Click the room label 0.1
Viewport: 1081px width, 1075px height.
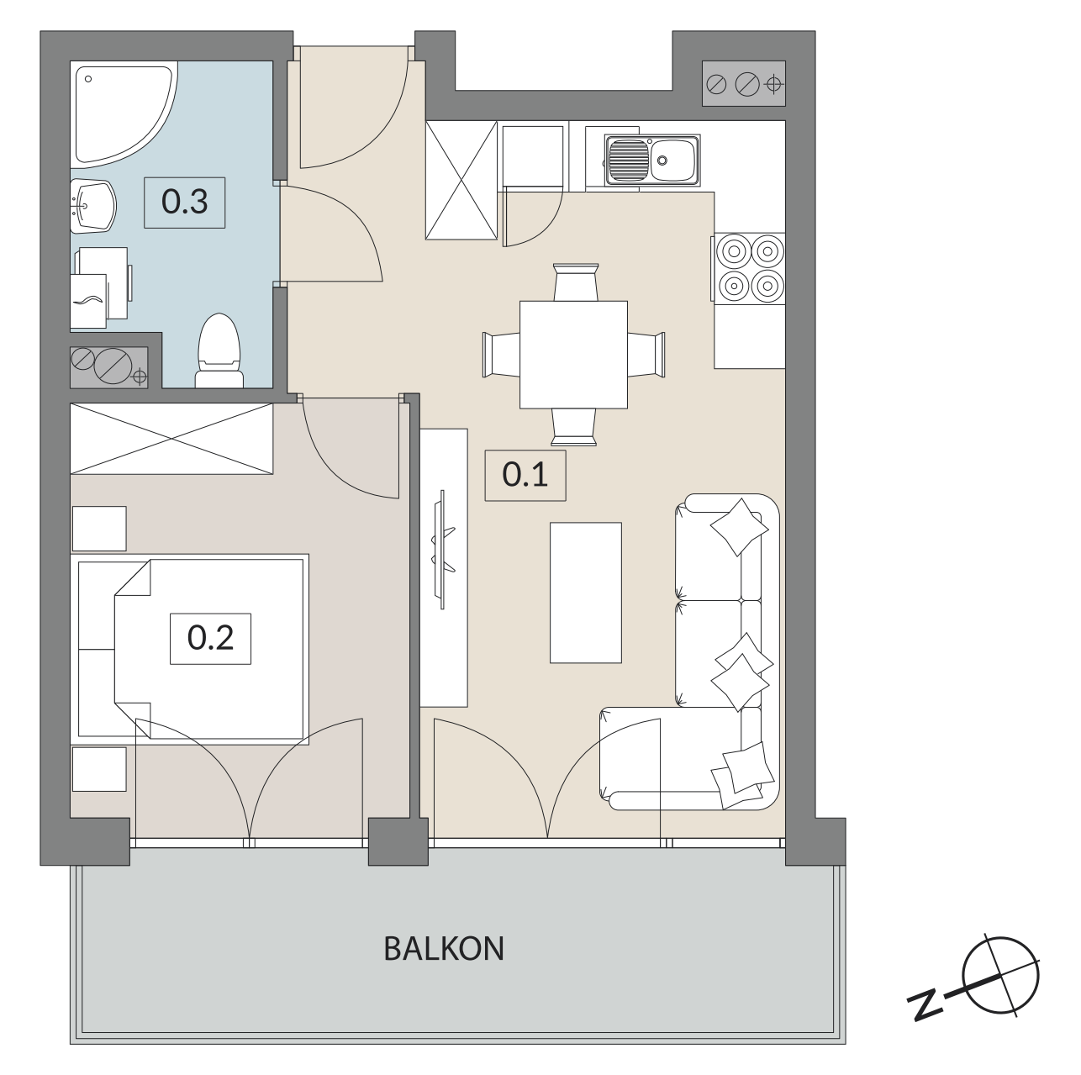(525, 475)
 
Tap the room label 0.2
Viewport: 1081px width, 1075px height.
(210, 639)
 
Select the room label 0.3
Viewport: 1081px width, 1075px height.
(185, 203)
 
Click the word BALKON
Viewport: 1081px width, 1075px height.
(444, 949)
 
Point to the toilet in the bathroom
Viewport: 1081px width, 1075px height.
(219, 351)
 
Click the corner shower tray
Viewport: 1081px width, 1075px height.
(124, 114)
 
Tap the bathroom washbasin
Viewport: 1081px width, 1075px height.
(92, 206)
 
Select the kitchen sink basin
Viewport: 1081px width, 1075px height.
(651, 160)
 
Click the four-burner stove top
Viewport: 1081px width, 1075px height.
(750, 269)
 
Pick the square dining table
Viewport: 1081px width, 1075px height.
(573, 355)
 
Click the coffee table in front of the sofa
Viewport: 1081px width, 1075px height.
(586, 593)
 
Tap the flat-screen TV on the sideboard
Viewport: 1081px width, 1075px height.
(444, 550)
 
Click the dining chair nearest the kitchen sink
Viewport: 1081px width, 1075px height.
(576, 282)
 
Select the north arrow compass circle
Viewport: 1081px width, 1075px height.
(1001, 976)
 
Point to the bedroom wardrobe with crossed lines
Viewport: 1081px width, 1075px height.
(171, 439)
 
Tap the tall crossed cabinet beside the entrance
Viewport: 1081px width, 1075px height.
(461, 180)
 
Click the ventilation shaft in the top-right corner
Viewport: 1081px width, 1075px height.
(744, 83)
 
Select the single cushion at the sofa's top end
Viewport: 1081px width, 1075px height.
(739, 527)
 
